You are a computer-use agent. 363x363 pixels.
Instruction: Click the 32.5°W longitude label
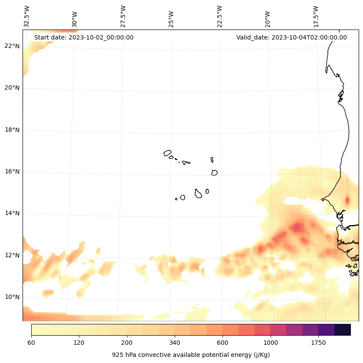click(27, 16)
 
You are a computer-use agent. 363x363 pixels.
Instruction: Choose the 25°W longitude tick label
click(171, 19)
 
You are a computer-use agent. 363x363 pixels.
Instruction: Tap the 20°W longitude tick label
click(268, 19)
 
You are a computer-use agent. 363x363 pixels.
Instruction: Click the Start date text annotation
click(84, 37)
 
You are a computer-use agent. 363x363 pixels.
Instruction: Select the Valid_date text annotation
click(291, 37)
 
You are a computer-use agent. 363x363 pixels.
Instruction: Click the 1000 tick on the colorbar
click(271, 343)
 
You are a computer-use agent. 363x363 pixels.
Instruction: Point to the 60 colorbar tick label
click(31, 343)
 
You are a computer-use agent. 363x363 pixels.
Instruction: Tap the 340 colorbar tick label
click(175, 343)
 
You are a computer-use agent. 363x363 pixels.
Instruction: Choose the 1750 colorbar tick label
click(318, 343)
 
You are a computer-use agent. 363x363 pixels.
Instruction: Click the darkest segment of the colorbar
click(343, 330)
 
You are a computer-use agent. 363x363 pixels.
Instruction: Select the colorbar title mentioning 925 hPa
click(191, 355)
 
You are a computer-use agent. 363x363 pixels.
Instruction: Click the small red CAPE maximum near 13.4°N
click(297, 227)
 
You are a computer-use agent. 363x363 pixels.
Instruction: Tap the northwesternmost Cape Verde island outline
click(167, 152)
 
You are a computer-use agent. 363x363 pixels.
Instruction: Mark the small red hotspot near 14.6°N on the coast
click(347, 200)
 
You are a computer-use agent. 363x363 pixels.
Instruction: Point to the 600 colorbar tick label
click(222, 343)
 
